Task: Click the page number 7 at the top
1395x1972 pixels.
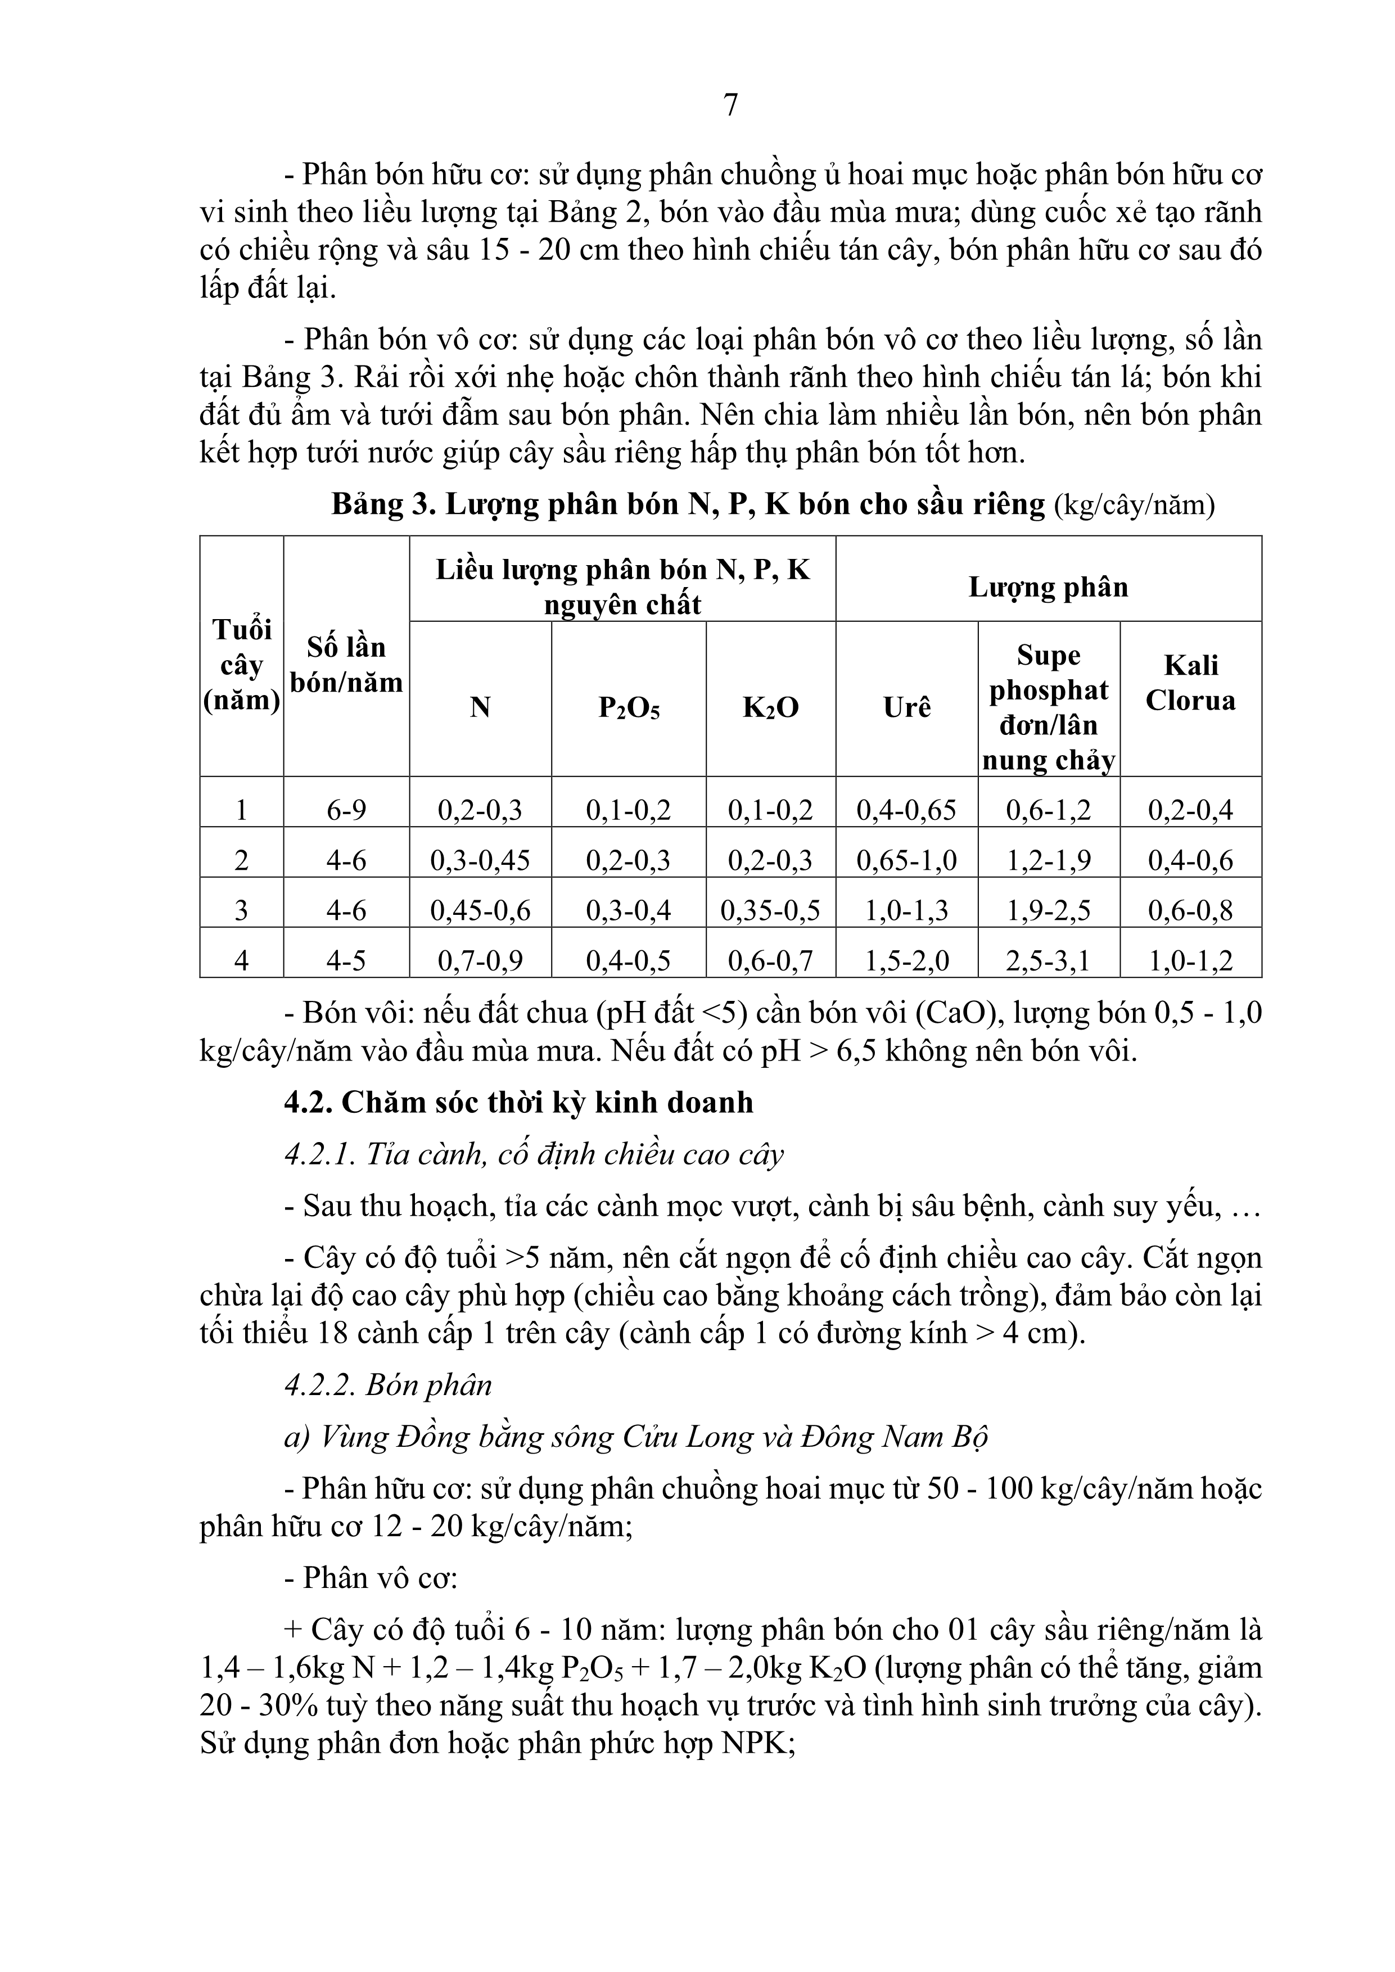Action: click(x=730, y=106)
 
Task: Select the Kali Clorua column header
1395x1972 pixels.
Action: click(x=1190, y=683)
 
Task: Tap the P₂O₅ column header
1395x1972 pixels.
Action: click(x=629, y=708)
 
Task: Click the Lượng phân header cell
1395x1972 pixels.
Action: click(x=1048, y=588)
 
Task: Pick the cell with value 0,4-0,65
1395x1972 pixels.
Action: click(x=906, y=810)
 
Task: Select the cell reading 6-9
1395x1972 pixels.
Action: click(x=346, y=810)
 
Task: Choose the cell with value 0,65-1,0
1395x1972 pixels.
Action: click(x=906, y=860)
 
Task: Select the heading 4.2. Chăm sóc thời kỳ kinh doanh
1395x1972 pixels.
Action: click(x=519, y=1103)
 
